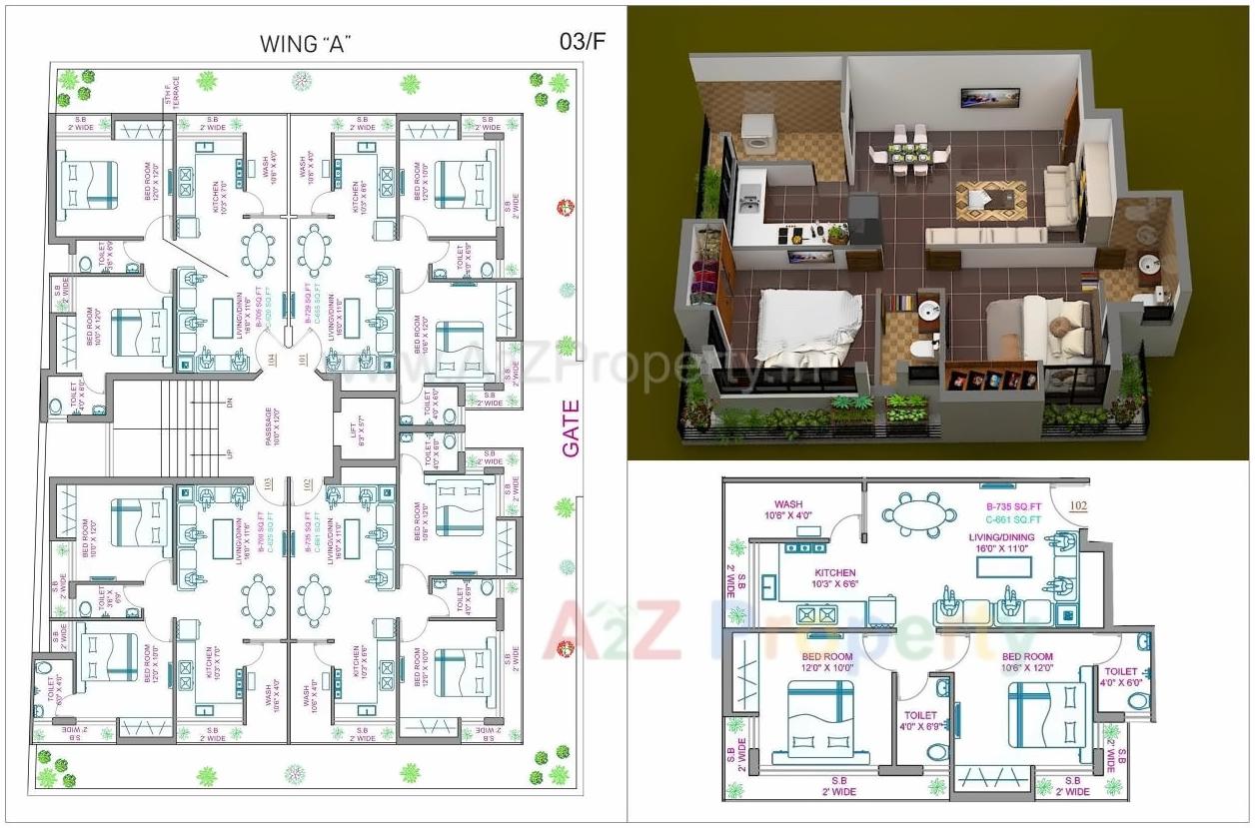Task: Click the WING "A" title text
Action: [307, 44]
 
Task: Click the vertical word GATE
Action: [571, 428]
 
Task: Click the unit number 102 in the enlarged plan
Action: [1078, 505]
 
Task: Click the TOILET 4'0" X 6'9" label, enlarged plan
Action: [919, 721]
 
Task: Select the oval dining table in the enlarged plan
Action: [913, 513]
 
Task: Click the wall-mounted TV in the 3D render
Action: [976, 97]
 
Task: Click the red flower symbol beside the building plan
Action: [566, 208]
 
